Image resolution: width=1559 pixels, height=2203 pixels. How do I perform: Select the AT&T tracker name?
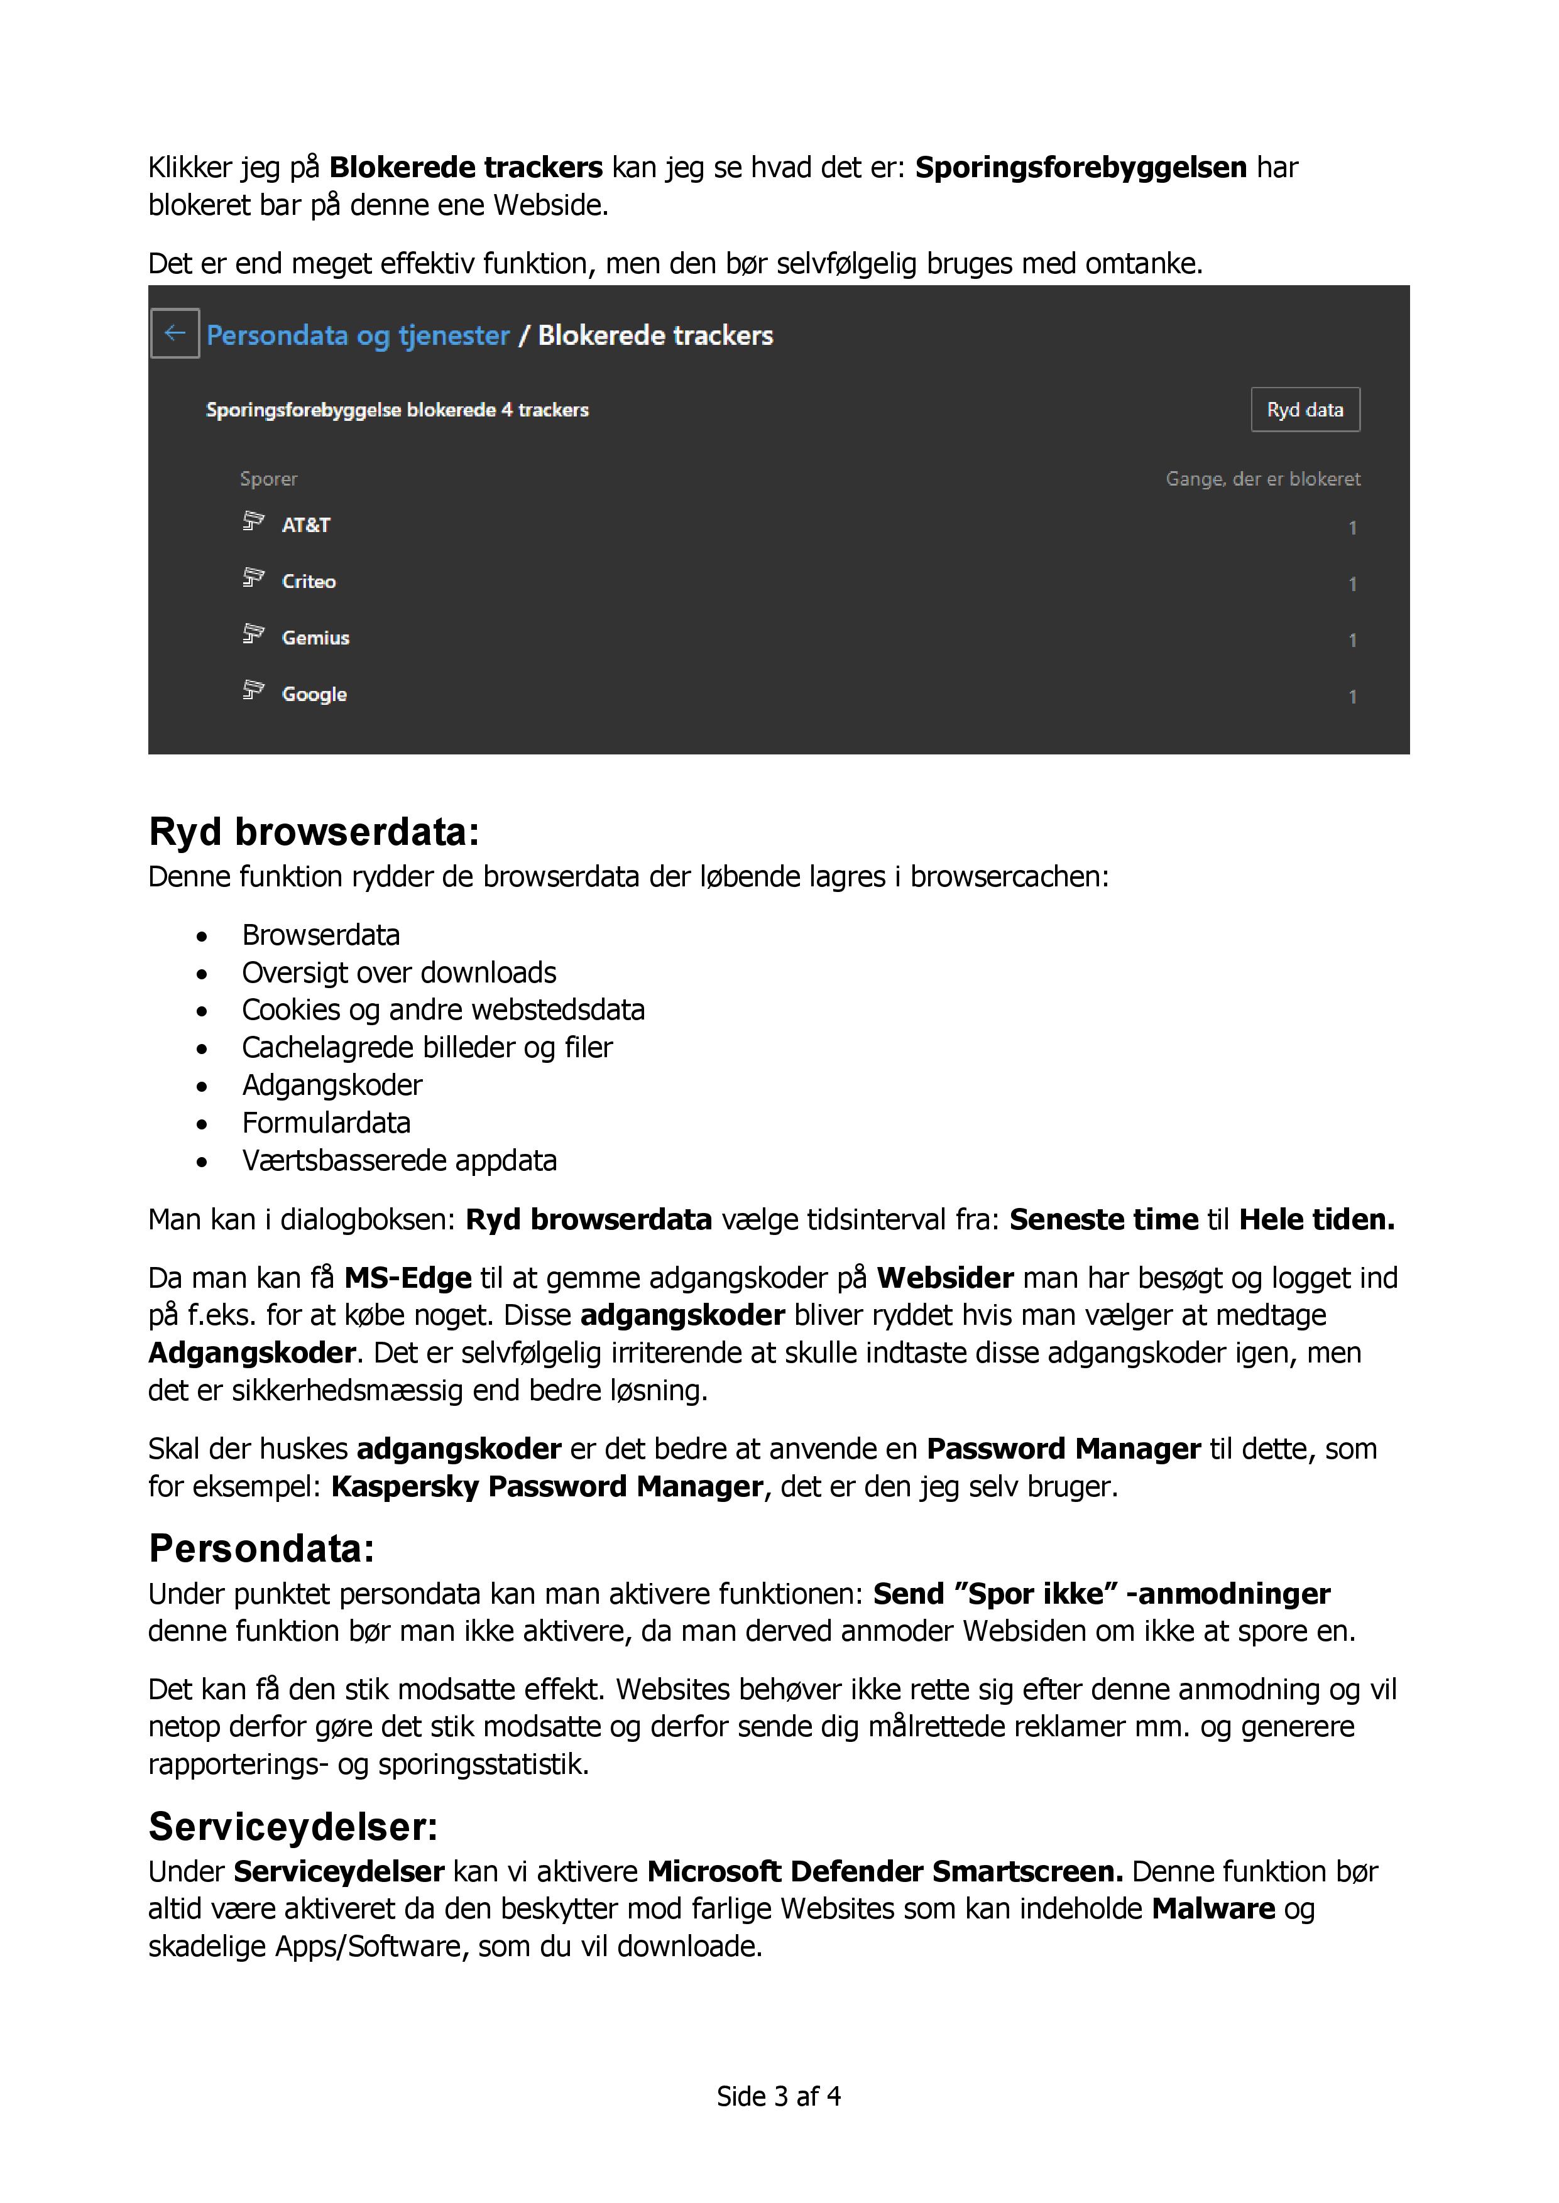pos(305,525)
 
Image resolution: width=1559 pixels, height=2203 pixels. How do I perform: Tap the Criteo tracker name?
pos(308,582)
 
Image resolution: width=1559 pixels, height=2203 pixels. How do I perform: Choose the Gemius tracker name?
pos(315,638)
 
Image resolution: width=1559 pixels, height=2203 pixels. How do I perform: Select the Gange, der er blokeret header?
pos(1262,479)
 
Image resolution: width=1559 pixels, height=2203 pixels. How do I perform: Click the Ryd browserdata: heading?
pos(313,832)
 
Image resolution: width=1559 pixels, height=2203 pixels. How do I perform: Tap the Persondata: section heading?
pos(261,1548)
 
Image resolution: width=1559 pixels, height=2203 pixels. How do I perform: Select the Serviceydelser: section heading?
pos(293,1827)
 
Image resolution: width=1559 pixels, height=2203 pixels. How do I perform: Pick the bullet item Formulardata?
pos(325,1123)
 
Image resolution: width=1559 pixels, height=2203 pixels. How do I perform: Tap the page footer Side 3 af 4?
pos(779,2096)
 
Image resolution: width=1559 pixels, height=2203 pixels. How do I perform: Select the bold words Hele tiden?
pos(1316,1219)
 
